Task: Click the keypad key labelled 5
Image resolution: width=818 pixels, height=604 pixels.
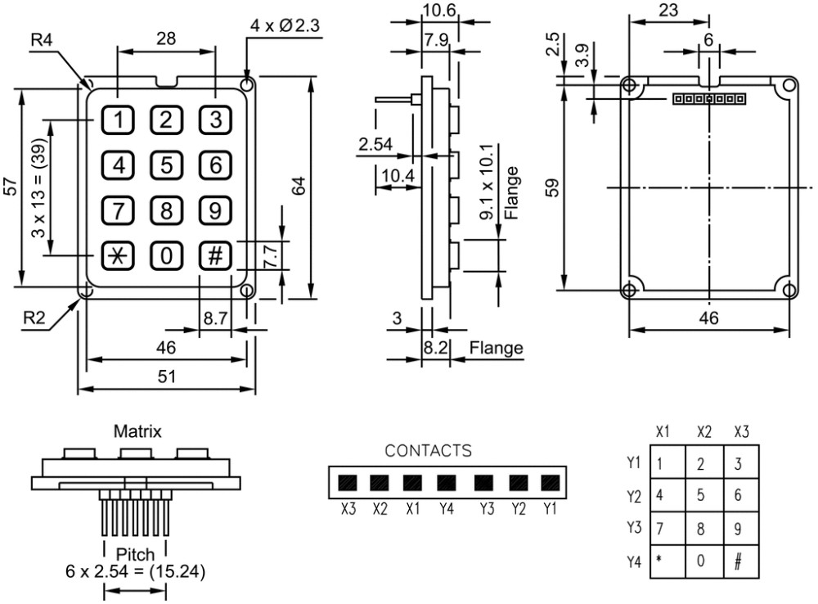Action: point(166,165)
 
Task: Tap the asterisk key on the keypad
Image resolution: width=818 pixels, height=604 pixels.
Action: point(118,256)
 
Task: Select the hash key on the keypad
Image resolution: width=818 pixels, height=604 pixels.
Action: point(215,256)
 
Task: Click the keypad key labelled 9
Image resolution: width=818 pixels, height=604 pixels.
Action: point(215,210)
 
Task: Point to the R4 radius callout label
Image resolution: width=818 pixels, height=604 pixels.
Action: point(43,39)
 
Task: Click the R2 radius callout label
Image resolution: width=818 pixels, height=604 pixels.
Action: point(34,318)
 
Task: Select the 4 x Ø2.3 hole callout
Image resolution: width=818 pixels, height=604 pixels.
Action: point(285,25)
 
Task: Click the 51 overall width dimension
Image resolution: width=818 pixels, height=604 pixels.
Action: point(167,376)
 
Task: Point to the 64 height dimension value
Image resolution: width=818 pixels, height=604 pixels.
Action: point(299,187)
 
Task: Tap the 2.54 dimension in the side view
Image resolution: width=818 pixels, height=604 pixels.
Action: point(375,143)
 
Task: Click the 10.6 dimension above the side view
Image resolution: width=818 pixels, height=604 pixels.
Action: point(439,10)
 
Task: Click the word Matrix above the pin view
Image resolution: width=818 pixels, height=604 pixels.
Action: point(137,431)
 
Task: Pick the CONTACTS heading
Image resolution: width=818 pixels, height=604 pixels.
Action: point(429,450)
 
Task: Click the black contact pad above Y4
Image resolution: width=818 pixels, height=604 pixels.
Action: point(446,483)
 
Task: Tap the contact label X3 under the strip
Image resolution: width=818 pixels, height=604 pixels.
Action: point(348,508)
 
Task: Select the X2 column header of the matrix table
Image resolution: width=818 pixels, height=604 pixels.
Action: point(703,432)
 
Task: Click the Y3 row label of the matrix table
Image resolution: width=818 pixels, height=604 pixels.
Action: point(634,527)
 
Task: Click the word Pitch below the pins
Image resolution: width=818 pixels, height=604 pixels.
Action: point(135,554)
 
